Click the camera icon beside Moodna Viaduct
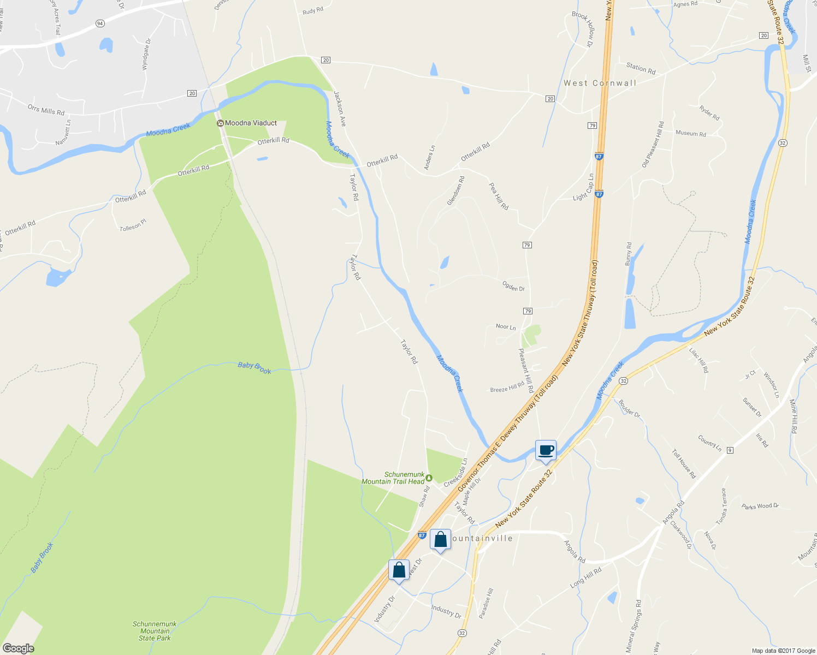[220, 123]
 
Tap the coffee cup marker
[546, 450]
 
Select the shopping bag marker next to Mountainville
[440, 540]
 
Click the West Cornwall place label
[600, 84]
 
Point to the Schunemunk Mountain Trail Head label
[393, 478]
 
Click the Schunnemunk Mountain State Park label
[155, 631]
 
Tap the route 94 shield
[99, 23]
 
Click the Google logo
[18, 648]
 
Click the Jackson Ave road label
[340, 109]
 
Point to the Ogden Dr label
[513, 286]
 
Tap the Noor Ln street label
[506, 327]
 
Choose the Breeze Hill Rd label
[507, 388]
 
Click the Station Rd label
[641, 69]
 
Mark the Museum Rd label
[690, 133]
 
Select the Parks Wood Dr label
[760, 507]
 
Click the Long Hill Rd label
[585, 577]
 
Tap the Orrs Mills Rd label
[46, 110]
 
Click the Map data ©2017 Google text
[783, 651]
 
